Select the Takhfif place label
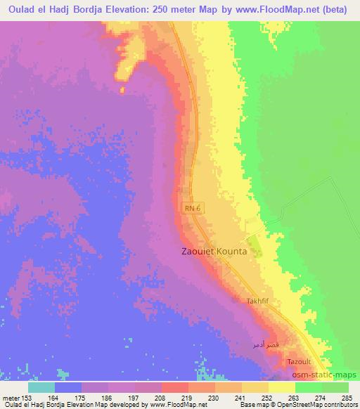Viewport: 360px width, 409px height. pos(258,301)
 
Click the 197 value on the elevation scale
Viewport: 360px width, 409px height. pos(138,398)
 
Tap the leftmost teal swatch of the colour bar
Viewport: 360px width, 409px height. pos(41,387)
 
